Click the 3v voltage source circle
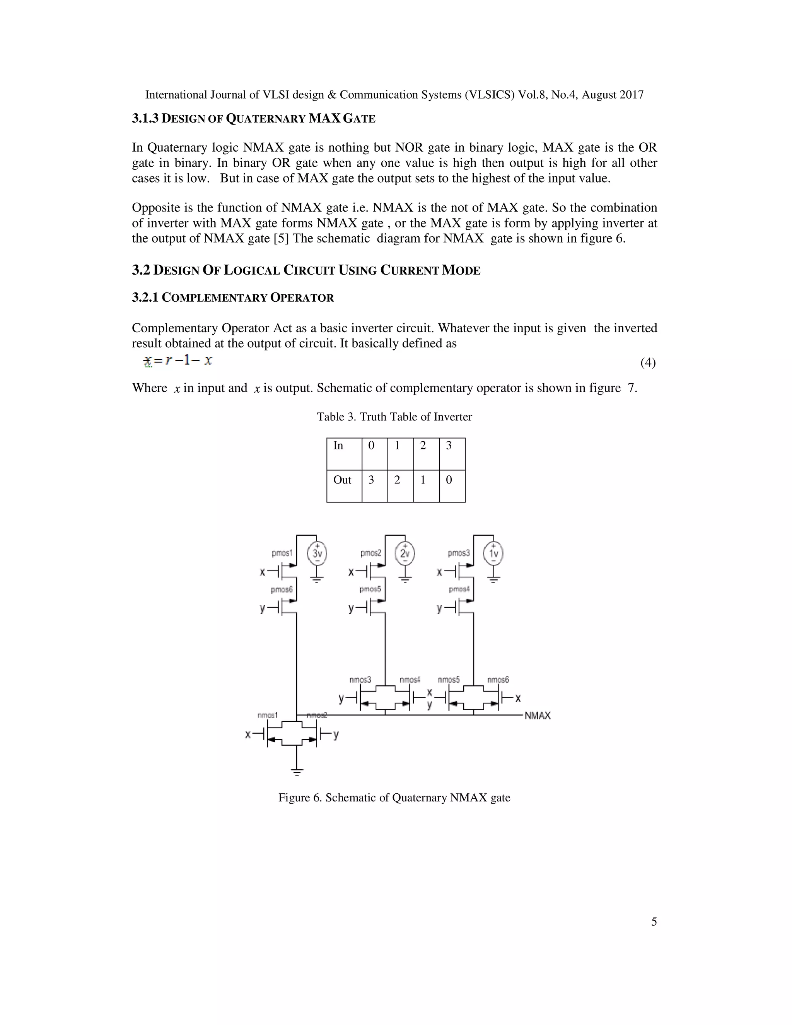(317, 553)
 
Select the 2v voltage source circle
(405, 553)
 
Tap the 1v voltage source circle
(493, 553)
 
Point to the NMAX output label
(537, 716)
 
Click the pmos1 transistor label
(282, 553)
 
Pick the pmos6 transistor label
(282, 589)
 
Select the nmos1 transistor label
(268, 715)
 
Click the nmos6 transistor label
(498, 680)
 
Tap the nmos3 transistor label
(360, 680)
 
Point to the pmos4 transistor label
(459, 589)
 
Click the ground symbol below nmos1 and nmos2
(297, 771)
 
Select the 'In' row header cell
(344, 454)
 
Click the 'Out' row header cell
(344, 486)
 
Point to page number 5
(654, 922)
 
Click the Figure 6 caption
(394, 798)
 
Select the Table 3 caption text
(394, 417)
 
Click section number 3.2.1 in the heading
(145, 297)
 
